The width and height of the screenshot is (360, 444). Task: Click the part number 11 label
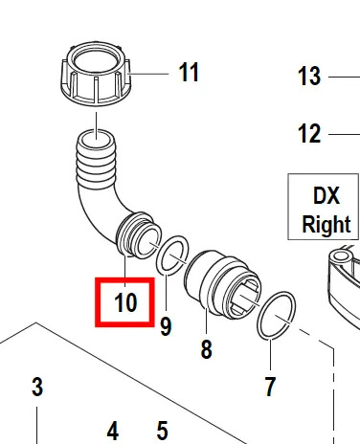[189, 73]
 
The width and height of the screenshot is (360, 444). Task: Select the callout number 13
[309, 77]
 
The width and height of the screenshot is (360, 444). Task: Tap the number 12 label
[309, 133]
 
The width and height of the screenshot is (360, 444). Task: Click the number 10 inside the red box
[125, 302]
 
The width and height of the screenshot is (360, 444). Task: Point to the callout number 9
[166, 326]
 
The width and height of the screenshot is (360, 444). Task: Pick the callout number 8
[207, 349]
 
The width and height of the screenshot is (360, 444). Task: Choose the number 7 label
[270, 387]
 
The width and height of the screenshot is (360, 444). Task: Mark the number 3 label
[37, 387]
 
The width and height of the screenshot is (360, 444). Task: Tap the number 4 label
[113, 431]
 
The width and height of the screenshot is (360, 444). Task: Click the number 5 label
[162, 431]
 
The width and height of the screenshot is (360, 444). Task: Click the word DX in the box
[326, 195]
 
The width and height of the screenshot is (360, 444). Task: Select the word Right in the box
[326, 224]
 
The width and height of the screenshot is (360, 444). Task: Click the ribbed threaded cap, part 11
[96, 73]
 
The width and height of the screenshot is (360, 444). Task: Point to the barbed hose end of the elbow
[96, 160]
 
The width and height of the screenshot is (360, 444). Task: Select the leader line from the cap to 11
[148, 74]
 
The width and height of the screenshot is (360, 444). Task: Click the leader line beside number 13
[344, 77]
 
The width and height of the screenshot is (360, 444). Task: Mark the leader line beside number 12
[344, 134]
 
